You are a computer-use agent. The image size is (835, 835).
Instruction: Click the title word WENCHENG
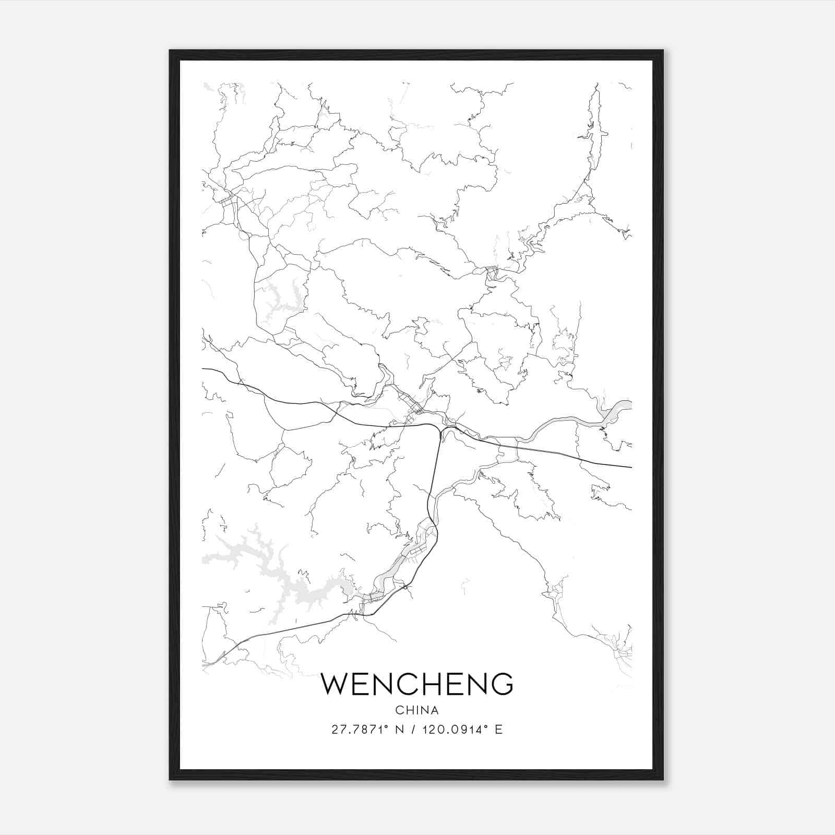point(417,684)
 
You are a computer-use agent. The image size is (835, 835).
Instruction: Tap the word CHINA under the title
point(417,710)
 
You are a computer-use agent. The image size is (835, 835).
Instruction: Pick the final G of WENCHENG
point(501,684)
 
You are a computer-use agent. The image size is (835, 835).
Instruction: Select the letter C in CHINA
point(399,710)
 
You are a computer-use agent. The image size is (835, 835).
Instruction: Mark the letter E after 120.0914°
point(498,730)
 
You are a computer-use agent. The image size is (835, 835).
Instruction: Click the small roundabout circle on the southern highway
point(405,588)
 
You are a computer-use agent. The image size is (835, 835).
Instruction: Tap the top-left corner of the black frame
point(171,51)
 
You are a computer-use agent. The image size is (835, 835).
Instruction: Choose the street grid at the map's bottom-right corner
point(621,652)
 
